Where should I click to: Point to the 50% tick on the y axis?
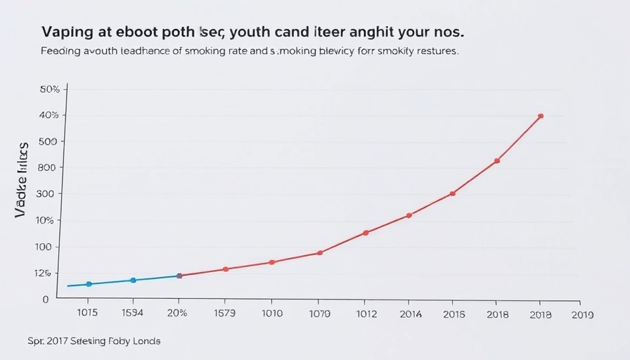click(x=49, y=89)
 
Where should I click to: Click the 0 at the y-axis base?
click(x=46, y=299)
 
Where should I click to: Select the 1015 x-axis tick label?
click(x=87, y=314)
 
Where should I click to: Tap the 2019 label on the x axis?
click(x=583, y=314)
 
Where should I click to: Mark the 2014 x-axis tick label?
click(x=411, y=314)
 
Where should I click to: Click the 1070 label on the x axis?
click(x=319, y=314)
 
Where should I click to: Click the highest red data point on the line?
click(x=540, y=116)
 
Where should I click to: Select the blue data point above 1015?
click(x=89, y=284)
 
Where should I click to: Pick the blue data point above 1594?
click(x=133, y=280)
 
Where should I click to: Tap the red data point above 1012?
click(x=366, y=233)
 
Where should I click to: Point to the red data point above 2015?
click(x=453, y=193)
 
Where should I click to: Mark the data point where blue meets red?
click(x=179, y=276)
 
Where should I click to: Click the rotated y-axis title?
click(x=22, y=179)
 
